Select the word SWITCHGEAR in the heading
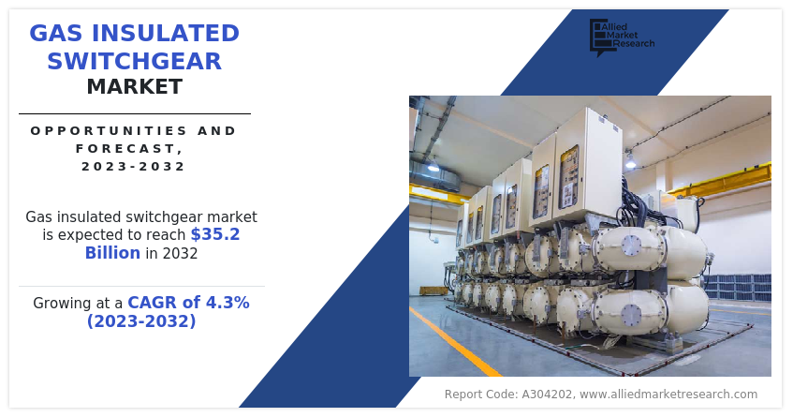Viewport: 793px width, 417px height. (134, 62)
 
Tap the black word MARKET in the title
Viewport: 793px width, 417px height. (134, 87)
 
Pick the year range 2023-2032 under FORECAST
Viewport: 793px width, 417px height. (134, 166)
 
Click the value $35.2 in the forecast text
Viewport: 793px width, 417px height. (214, 234)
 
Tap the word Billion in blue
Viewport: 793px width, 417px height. (112, 253)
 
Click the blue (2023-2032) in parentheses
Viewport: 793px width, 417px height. (141, 321)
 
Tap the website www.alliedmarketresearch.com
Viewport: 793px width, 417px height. (668, 395)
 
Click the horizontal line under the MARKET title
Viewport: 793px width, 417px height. (134, 113)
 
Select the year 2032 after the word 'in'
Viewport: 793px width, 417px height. (179, 253)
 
